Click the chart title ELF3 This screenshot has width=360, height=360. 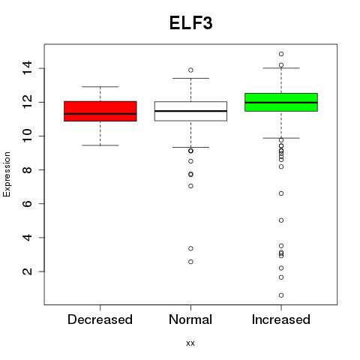pos(191,23)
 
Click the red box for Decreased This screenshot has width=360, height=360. pos(100,111)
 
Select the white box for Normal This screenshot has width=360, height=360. pos(190,111)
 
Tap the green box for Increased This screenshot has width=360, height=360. pos(281,102)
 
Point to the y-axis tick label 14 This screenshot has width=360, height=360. pos(27,68)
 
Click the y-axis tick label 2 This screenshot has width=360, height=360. pos(27,271)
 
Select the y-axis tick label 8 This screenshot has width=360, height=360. pos(27,169)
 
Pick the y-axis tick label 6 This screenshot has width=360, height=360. pos(27,204)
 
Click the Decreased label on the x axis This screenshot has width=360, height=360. pos(100,319)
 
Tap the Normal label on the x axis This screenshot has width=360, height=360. pos(190,319)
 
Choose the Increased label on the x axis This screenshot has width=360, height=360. pos(281,319)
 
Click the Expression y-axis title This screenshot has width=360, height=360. pos(7,174)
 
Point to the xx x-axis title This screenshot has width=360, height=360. pos(190,343)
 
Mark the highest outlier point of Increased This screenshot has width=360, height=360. pos(281,54)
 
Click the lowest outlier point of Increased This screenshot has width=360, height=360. pos(281,295)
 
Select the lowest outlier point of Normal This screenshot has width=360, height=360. pos(190,262)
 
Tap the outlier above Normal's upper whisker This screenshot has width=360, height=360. pos(190,70)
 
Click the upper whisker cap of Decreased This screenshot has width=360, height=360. pos(100,87)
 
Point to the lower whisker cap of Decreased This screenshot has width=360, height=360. pos(100,145)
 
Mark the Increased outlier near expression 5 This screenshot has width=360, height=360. pos(281,220)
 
